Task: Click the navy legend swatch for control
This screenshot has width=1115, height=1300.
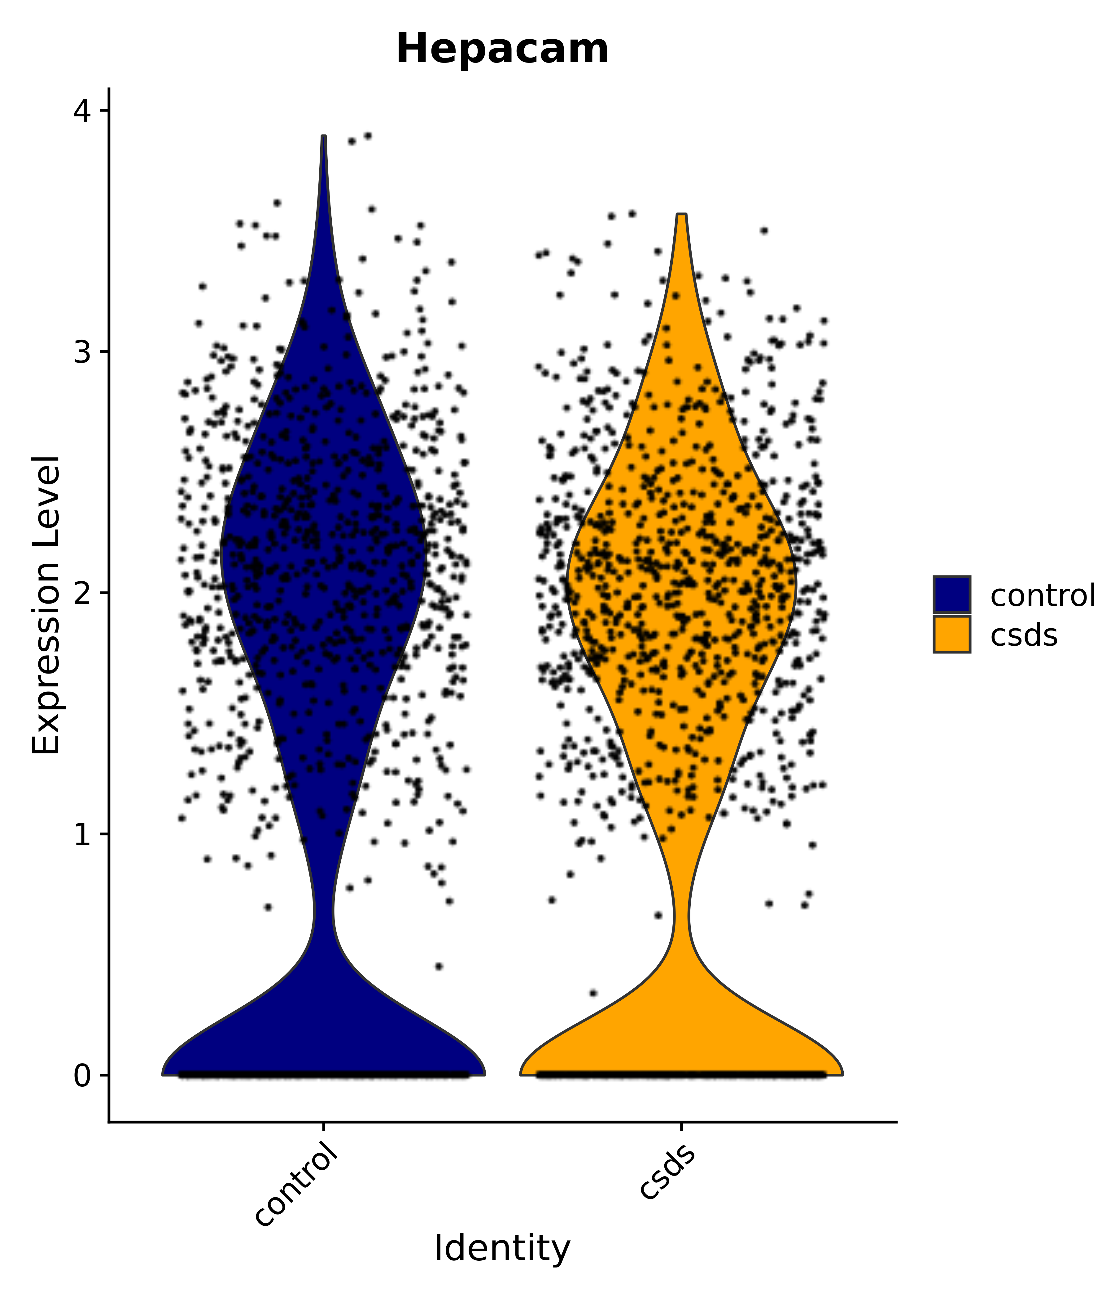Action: point(951,594)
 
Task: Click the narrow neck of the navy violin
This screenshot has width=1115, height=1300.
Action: point(323,910)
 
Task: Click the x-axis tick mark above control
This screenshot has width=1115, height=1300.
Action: point(323,1126)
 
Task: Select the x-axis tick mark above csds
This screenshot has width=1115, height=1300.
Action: point(681,1126)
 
